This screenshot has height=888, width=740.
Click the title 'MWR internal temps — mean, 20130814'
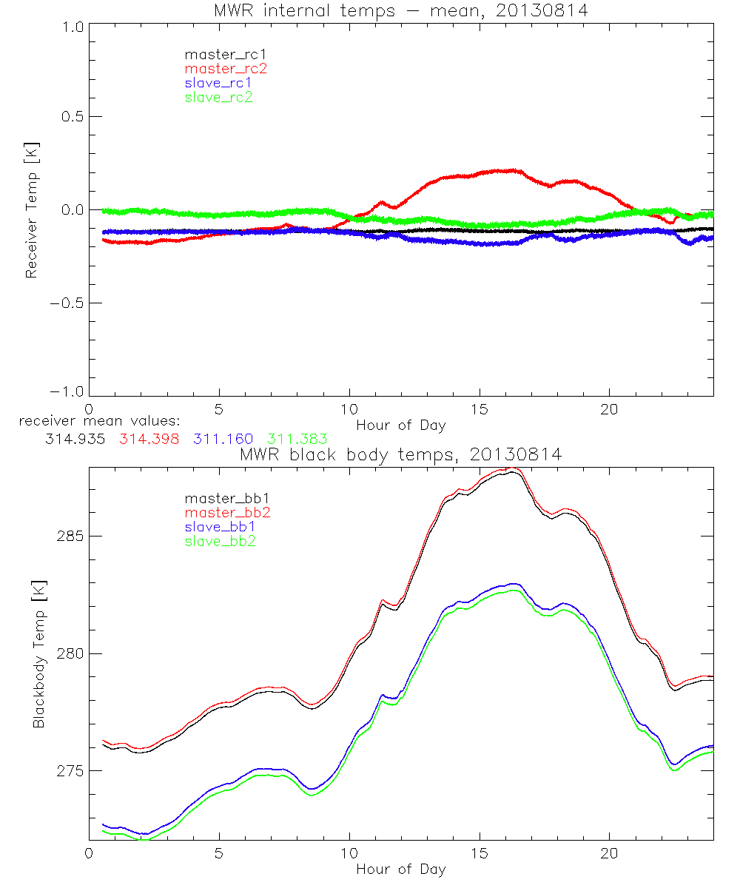(400, 10)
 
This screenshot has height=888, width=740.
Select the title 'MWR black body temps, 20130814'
(400, 455)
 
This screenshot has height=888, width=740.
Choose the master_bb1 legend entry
(221, 499)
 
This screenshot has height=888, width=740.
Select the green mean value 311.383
(297, 440)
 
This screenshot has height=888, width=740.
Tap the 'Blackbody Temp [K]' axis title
(38, 654)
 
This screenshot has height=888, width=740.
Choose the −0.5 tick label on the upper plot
(65, 303)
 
